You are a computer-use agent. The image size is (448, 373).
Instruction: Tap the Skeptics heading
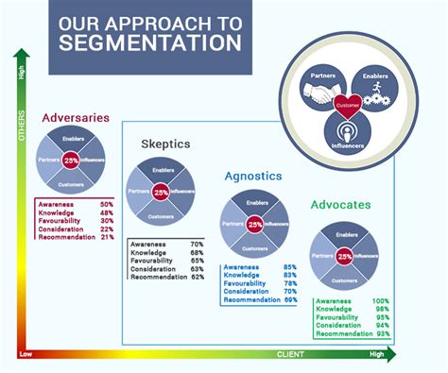point(166,144)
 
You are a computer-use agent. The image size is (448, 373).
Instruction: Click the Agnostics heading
point(254,176)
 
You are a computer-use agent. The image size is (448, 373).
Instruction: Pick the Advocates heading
point(341,204)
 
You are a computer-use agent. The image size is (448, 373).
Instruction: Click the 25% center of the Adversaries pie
point(71,162)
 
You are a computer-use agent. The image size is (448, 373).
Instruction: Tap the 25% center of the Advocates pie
point(344,256)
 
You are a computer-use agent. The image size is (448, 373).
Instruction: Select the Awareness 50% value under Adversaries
point(106,204)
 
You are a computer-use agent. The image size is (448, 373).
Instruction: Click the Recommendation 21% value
point(106,237)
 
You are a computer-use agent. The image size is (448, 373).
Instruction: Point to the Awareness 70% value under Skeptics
point(197,244)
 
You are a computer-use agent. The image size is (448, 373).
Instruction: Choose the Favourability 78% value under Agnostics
point(290,283)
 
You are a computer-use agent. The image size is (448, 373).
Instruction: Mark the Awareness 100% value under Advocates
point(381,302)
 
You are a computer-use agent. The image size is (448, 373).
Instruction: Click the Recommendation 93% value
point(383,335)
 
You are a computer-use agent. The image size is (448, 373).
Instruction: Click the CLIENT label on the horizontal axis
point(290,355)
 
